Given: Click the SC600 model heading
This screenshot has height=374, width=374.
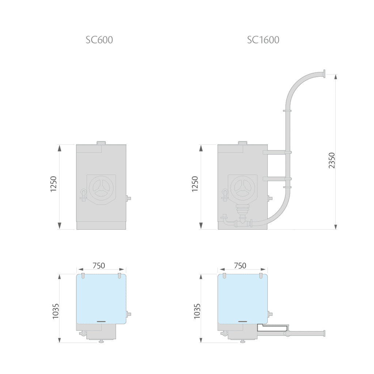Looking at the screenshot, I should point(99,40).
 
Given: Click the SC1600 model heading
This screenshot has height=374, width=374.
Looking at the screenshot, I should point(263,40).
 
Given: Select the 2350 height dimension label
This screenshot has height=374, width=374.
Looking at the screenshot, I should point(332,160).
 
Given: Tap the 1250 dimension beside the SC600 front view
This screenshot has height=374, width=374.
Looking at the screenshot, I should point(53,185).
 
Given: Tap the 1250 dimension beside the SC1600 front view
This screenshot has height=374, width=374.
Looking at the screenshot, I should point(195,185).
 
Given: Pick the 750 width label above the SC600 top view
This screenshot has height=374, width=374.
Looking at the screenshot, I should point(99,266).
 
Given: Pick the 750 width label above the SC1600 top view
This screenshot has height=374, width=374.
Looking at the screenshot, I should point(240,266).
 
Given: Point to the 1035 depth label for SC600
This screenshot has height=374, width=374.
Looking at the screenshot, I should point(56,311).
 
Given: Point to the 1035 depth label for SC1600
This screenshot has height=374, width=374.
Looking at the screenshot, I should point(197,311).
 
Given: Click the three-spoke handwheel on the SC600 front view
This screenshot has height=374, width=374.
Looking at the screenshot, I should point(101,188).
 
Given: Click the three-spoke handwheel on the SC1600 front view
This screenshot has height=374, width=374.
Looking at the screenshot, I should point(243,188).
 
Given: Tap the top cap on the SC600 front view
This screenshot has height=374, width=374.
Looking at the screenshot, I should point(101,142).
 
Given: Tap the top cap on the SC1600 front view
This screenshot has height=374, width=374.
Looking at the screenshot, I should point(242,142).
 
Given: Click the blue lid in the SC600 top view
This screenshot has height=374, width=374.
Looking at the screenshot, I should point(101,298).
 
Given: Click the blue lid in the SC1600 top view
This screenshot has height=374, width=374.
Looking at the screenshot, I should point(243,298).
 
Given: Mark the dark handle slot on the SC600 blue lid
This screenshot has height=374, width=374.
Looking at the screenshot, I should point(101,321).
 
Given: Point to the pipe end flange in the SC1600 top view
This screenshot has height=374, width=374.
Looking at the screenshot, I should point(324,333).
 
